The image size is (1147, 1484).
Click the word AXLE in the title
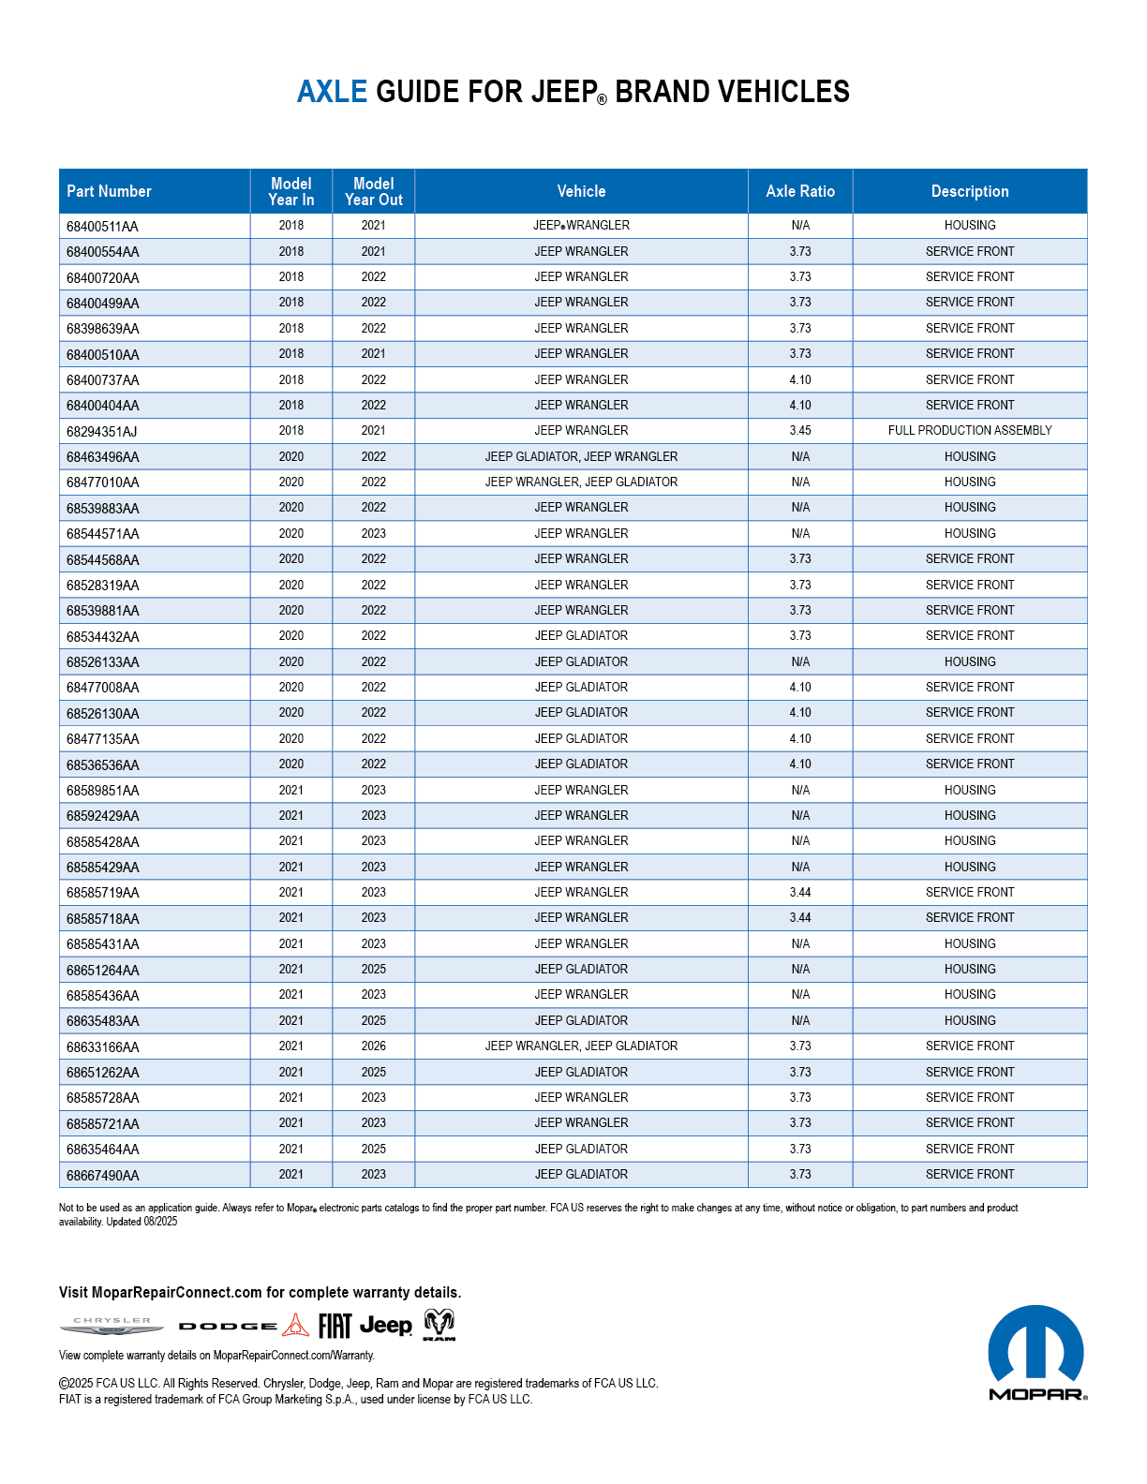tap(332, 92)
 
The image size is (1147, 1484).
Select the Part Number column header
tap(109, 191)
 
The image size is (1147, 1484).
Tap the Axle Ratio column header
tap(800, 191)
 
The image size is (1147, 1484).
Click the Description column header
tap(970, 191)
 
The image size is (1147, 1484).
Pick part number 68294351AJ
tap(102, 432)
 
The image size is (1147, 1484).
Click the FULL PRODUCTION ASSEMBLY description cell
tap(970, 431)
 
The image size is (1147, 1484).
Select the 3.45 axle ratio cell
tap(800, 431)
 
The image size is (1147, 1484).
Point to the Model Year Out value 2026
tap(373, 1046)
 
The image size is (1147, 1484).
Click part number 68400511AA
tap(102, 227)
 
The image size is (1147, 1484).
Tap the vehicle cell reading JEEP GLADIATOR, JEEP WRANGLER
tap(581, 457)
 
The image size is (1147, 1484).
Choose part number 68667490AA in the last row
tap(102, 1176)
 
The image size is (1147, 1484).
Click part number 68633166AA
tap(102, 1047)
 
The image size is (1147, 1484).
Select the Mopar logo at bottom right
tap(1036, 1353)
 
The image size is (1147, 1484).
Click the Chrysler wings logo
tap(112, 1326)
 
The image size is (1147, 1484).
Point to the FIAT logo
tap(335, 1326)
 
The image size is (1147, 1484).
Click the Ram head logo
tap(439, 1325)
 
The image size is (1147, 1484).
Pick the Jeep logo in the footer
tap(385, 1326)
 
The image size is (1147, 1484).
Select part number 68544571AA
tap(102, 534)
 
